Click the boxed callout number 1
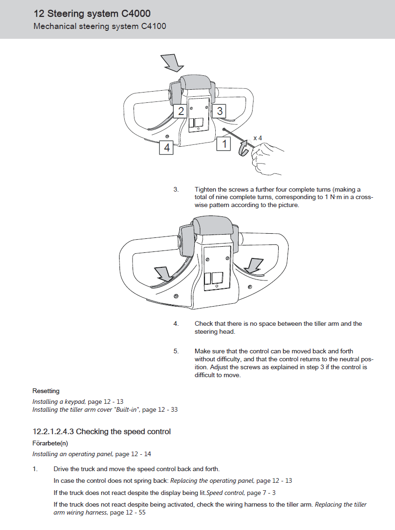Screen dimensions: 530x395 coord(225,144)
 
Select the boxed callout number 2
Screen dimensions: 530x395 coord(181,111)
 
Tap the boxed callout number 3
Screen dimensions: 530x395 coord(219,111)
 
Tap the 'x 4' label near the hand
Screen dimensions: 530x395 coord(257,138)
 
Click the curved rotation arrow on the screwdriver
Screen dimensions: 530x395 coord(243,149)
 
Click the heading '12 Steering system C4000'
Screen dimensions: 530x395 coord(92,14)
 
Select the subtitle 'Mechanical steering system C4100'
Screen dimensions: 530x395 coord(99,26)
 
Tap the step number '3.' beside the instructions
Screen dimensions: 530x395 coord(176,190)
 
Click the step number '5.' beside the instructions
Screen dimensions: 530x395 coord(176,351)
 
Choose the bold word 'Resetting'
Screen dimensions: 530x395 coord(46,391)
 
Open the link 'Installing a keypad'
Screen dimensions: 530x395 coord(58,401)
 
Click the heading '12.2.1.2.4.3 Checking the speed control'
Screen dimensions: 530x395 coord(101,431)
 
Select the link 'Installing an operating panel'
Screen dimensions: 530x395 coord(72,454)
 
